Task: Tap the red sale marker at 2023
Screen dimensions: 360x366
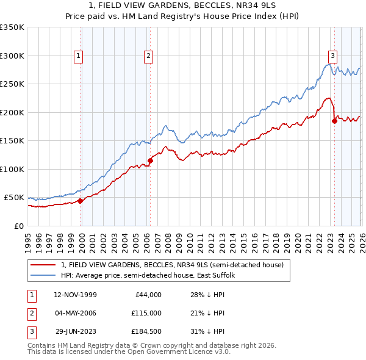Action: [334, 121]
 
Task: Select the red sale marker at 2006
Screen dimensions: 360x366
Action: [150, 160]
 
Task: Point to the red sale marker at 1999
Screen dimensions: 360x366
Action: [81, 201]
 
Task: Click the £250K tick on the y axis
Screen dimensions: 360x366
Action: [12, 84]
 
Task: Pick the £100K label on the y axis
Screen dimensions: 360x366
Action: [12, 169]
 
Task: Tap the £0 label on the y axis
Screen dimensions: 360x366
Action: [18, 226]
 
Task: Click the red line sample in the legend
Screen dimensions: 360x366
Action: [43, 265]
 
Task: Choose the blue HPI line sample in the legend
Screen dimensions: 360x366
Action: [43, 275]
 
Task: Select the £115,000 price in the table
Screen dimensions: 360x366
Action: [146, 313]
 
